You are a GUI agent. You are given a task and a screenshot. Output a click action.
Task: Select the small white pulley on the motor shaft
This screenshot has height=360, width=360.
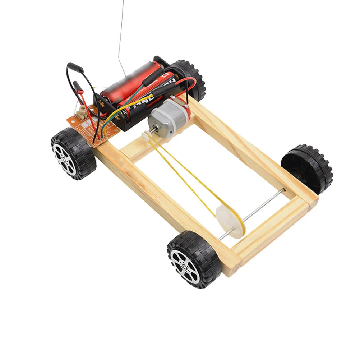pyautogui.click(x=146, y=135)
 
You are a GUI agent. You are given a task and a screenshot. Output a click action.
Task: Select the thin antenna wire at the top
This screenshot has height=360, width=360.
pyautogui.click(x=121, y=29)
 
